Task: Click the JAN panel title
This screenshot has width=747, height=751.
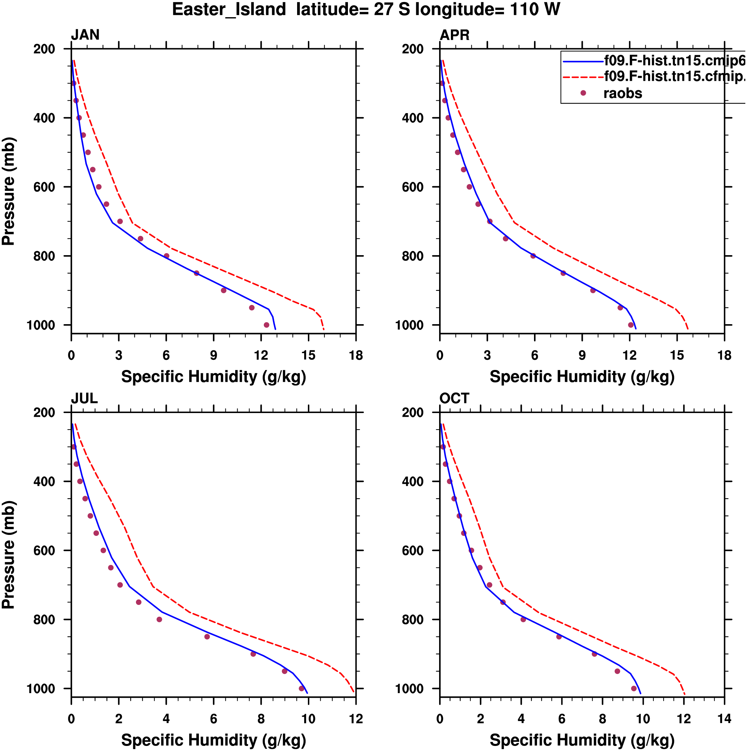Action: click(85, 35)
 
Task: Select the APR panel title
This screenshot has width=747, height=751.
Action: click(454, 35)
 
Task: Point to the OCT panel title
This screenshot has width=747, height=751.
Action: click(454, 399)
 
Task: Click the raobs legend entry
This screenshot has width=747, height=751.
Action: click(622, 93)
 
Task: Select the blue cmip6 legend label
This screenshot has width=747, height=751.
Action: click(674, 61)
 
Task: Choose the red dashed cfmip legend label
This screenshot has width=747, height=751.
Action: click(674, 76)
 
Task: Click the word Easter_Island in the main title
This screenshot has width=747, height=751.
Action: click(229, 9)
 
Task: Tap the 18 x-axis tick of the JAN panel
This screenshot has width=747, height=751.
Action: click(356, 355)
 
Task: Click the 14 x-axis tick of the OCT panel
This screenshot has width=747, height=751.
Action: click(724, 719)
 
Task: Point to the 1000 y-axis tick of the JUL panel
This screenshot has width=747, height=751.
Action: click(41, 688)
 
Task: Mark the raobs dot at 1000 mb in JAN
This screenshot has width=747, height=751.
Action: click(266, 325)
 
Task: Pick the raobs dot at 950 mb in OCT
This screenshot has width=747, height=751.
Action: click(617, 671)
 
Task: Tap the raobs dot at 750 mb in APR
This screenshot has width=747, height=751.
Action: click(505, 239)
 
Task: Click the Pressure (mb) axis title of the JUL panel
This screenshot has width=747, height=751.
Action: click(8, 555)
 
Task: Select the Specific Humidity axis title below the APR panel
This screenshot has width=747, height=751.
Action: click(582, 377)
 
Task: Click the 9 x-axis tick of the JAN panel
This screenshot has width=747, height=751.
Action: click(213, 355)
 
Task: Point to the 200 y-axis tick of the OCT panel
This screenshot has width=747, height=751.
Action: click(413, 412)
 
